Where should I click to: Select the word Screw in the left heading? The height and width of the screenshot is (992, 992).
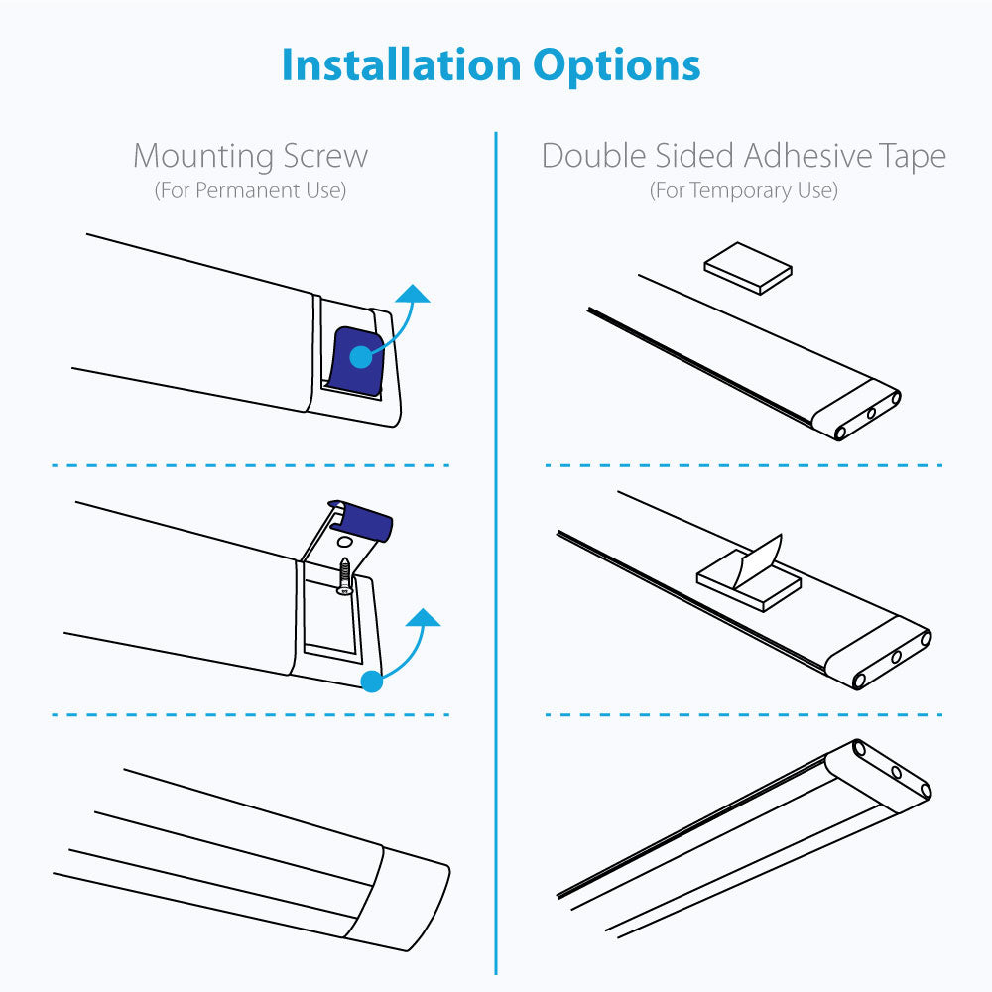click(x=325, y=156)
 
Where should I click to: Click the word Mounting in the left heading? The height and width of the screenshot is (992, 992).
click(x=202, y=157)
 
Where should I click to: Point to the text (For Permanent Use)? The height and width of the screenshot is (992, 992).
click(x=251, y=190)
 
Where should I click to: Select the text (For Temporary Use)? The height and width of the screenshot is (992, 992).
click(x=744, y=190)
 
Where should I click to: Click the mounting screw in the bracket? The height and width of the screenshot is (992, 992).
click(x=344, y=575)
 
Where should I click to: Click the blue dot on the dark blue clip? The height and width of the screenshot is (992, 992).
click(x=361, y=357)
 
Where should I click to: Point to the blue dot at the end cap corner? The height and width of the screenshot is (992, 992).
click(x=372, y=681)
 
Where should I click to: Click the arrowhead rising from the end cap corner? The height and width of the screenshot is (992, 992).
click(x=423, y=617)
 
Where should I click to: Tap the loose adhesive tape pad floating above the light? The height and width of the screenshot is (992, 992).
click(x=748, y=268)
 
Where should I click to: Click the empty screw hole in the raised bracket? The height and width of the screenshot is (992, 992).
click(x=345, y=543)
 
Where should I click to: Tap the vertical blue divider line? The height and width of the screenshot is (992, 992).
click(x=496, y=553)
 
